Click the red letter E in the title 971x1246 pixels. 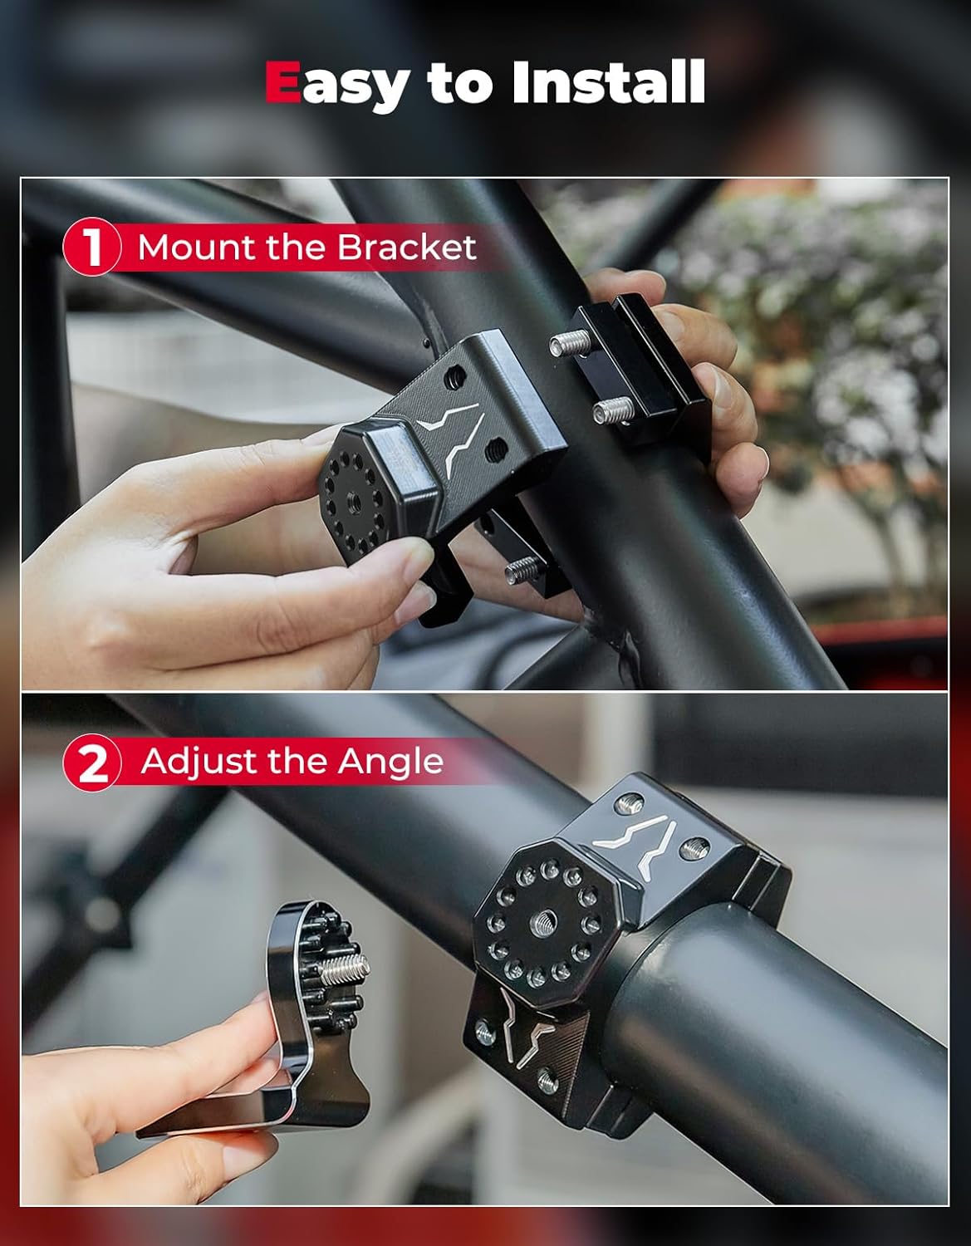click(x=282, y=81)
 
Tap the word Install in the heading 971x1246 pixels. click(x=609, y=81)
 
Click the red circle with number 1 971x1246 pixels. click(x=91, y=247)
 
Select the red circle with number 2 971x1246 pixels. click(x=91, y=763)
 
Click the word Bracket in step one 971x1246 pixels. click(x=406, y=247)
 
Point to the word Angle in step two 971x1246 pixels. click(x=390, y=763)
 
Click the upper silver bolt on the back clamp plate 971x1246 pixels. click(x=570, y=343)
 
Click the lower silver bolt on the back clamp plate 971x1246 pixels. click(x=614, y=410)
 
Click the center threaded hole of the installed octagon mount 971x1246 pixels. click(x=542, y=923)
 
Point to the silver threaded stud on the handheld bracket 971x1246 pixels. click(x=344, y=969)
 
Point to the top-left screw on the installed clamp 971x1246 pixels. click(x=629, y=804)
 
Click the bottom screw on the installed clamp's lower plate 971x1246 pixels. click(x=548, y=1081)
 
